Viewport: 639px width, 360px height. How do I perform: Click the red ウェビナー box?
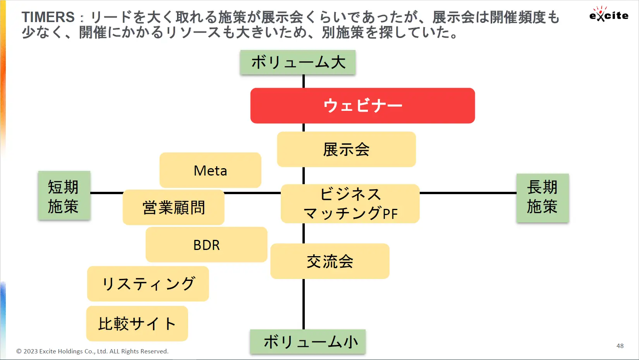(362, 106)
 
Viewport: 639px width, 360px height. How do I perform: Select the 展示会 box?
(346, 149)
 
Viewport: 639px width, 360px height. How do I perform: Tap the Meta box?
(210, 170)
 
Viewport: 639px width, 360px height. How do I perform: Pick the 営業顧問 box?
(173, 207)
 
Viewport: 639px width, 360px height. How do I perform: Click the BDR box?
(206, 245)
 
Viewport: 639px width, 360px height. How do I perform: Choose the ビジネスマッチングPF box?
(350, 203)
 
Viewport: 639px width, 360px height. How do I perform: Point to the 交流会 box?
(330, 261)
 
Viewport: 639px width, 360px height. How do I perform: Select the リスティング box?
(148, 284)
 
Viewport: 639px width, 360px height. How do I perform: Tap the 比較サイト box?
(137, 324)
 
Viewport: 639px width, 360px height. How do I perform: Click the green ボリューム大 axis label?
(298, 62)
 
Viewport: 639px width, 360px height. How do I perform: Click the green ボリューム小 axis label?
(308, 342)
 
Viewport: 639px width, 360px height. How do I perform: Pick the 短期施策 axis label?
(64, 196)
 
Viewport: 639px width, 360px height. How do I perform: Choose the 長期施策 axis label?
(543, 198)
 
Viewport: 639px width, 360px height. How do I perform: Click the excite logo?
(609, 14)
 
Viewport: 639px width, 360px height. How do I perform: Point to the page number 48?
(620, 346)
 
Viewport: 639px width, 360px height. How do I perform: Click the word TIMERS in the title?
(48, 17)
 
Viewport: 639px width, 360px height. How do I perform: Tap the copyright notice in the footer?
(93, 351)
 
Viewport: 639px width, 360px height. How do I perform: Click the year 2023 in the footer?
(30, 351)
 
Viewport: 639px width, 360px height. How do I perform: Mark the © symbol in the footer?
(19, 351)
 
